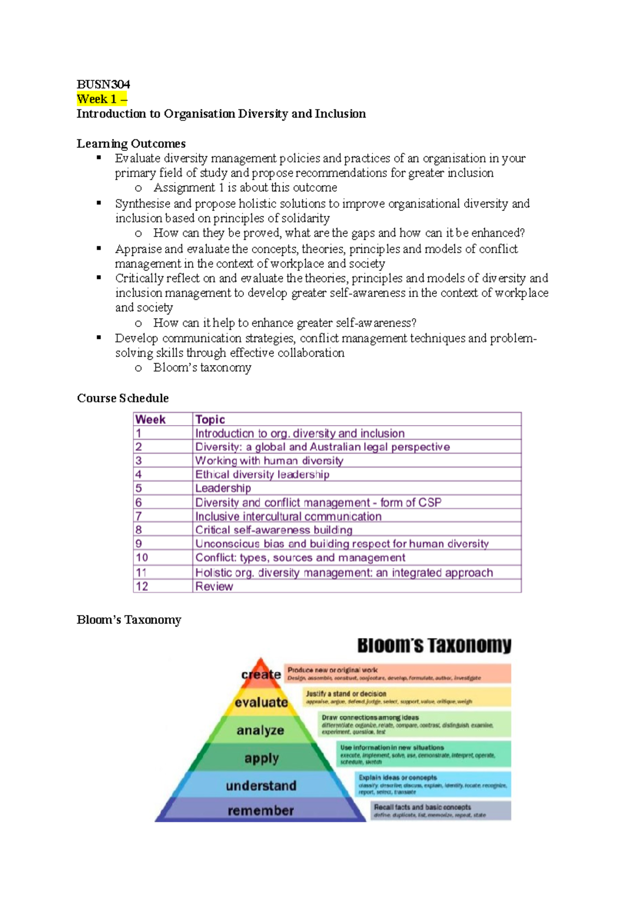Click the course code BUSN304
click(103, 85)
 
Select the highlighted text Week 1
click(97, 99)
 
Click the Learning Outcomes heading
click(131, 143)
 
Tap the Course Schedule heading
click(123, 398)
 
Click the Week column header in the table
click(151, 419)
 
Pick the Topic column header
click(210, 419)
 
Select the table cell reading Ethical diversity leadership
click(262, 474)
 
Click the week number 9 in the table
click(139, 544)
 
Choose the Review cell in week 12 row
click(214, 586)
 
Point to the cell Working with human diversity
click(269, 461)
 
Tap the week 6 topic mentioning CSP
click(318, 502)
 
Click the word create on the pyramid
click(261, 675)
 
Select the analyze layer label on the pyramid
click(260, 731)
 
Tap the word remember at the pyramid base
click(260, 811)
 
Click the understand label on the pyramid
click(261, 786)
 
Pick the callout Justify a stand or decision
click(346, 694)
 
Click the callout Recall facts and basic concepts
click(422, 807)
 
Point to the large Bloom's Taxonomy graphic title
click(434, 646)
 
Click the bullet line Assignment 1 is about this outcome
click(245, 187)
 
